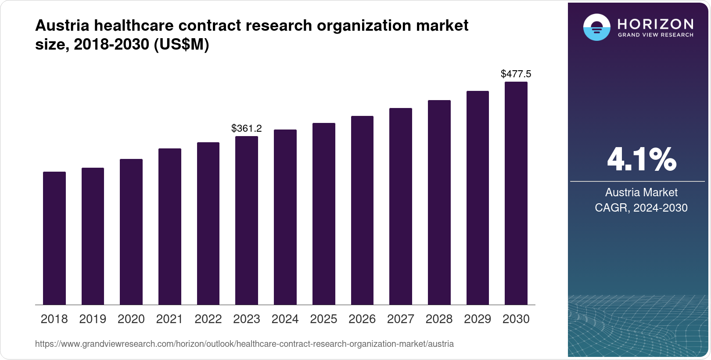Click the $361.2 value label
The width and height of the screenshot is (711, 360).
[x=246, y=128]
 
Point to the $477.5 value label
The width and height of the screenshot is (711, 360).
[x=516, y=74]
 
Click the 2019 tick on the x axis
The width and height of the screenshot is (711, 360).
[x=93, y=319]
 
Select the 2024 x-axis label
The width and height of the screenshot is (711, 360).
[x=285, y=319]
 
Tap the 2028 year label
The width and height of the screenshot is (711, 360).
[x=439, y=319]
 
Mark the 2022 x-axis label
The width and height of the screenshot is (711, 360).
[x=208, y=319]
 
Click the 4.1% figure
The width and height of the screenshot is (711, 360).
[x=641, y=160]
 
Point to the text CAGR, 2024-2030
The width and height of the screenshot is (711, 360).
[x=641, y=208]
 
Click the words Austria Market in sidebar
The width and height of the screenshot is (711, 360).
[x=641, y=192]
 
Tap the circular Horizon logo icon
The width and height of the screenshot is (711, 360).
[x=596, y=27]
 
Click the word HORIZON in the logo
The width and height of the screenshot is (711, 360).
[x=655, y=24]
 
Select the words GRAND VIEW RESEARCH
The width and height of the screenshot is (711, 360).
[x=655, y=35]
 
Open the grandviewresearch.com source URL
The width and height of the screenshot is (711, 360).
[x=244, y=344]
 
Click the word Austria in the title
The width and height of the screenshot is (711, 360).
[x=62, y=25]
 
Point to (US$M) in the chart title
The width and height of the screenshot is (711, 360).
[x=181, y=44]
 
